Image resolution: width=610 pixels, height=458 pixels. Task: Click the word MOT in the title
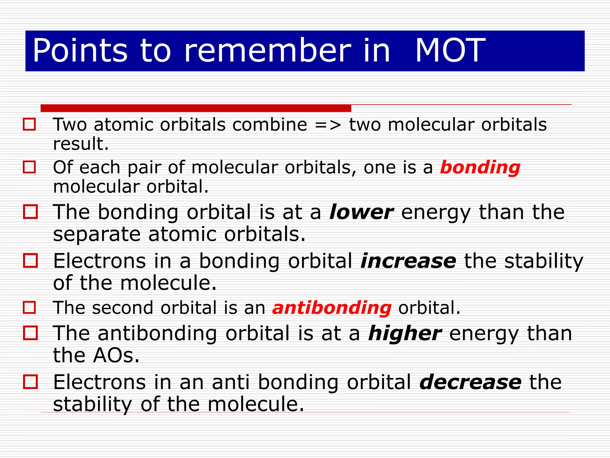450,51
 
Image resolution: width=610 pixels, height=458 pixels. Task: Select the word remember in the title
268,51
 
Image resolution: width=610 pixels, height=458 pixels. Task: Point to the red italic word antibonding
332,308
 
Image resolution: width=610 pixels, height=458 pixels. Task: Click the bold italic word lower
361,212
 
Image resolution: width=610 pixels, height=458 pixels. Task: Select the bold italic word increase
408,261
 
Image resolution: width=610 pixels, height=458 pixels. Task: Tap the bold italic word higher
405,333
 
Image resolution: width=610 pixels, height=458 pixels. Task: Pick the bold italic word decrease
470,382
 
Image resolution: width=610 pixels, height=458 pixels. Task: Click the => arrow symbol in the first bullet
328,125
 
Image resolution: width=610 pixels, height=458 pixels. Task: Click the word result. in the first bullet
81,144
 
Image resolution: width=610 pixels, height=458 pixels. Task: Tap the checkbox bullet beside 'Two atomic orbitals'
29,124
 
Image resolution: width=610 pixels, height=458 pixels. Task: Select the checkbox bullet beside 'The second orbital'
29,307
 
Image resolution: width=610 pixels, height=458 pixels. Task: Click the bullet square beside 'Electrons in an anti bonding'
30,382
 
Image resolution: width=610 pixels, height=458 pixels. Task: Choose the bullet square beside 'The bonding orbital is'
30,212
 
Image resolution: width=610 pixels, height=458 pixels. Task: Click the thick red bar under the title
196,108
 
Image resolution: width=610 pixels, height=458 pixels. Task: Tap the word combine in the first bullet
270,125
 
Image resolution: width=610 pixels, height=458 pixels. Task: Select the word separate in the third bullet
97,234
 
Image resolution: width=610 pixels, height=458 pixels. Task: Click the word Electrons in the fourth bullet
99,261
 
